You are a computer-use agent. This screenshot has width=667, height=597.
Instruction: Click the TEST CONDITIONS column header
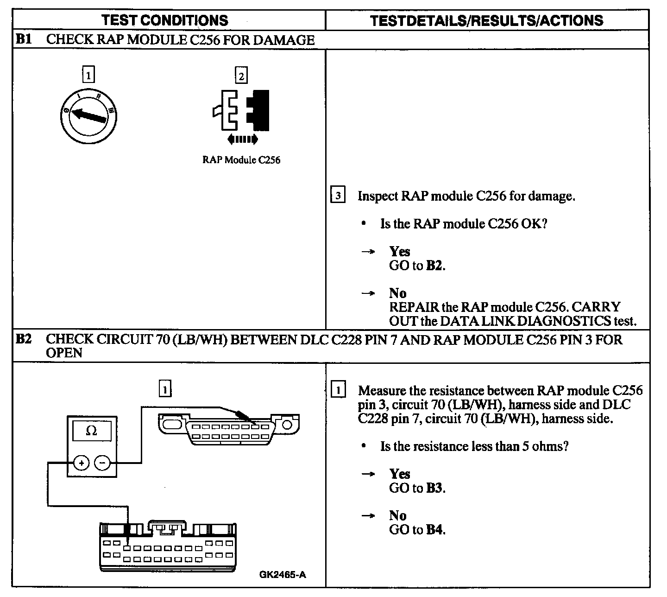pos(164,20)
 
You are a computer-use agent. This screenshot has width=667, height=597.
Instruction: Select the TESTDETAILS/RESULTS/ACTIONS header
pos(487,20)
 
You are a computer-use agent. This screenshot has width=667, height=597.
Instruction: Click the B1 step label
pos(24,39)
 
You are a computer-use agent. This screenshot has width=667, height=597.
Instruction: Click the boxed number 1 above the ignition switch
pos(88,75)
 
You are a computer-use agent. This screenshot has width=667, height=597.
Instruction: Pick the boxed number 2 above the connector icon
pos(241,75)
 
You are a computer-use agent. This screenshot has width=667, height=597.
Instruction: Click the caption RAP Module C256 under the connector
pos(241,160)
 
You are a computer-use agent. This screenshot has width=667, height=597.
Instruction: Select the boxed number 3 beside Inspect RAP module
pos(338,196)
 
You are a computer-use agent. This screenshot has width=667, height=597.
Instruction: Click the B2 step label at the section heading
pos(24,339)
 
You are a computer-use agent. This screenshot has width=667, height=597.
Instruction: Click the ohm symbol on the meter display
pos(92,431)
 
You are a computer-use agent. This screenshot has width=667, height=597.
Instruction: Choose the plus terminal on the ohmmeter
pos(81,463)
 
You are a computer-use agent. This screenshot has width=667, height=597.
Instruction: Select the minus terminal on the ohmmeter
pos(103,463)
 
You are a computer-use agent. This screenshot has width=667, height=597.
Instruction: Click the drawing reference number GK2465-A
pos(283,575)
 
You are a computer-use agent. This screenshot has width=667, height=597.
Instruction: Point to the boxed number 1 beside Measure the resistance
pos(338,390)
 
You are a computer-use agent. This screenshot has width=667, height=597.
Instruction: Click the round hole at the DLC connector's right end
pos(287,424)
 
